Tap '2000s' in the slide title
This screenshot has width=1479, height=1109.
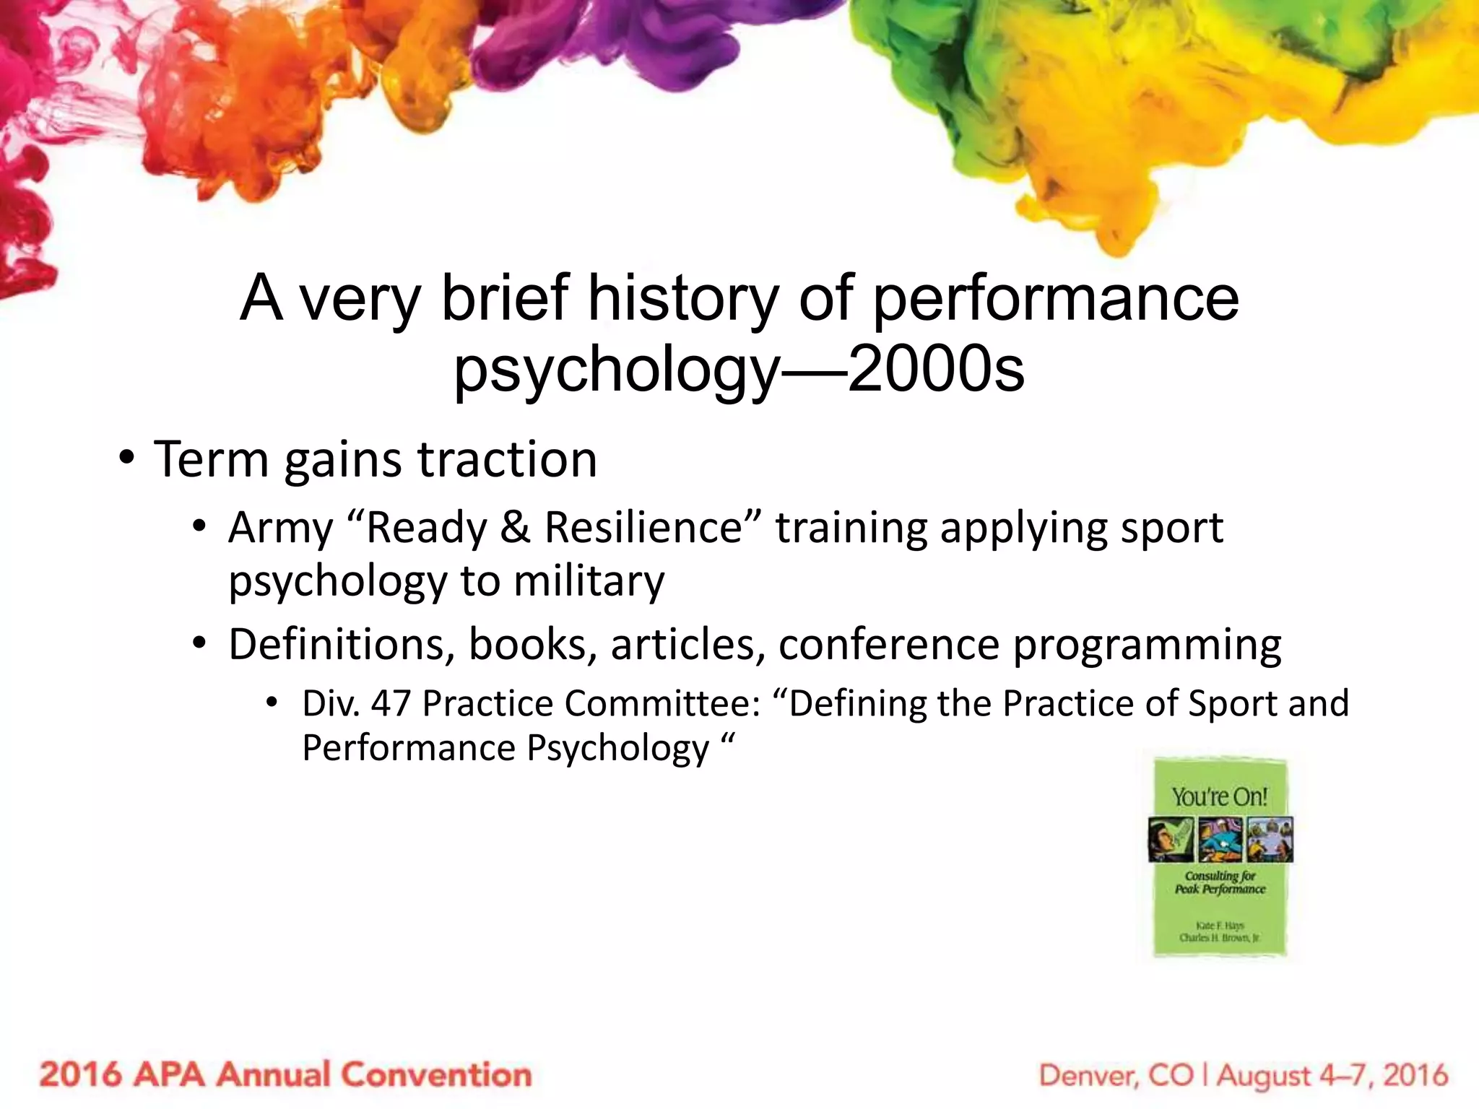pyautogui.click(x=936, y=370)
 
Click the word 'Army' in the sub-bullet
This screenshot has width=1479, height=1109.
pyautogui.click(x=280, y=528)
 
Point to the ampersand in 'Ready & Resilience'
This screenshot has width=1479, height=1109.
pyautogui.click(x=515, y=528)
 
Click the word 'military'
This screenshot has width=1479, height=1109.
pyautogui.click(x=589, y=581)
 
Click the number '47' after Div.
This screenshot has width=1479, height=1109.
pyautogui.click(x=391, y=704)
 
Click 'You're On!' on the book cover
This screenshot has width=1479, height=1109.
pyautogui.click(x=1220, y=797)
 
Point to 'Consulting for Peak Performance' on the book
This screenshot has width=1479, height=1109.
pyautogui.click(x=1220, y=882)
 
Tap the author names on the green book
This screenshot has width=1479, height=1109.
pyautogui.click(x=1220, y=931)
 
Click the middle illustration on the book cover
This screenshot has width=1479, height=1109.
pyautogui.click(x=1220, y=840)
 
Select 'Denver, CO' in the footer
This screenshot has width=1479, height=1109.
pyautogui.click(x=1116, y=1076)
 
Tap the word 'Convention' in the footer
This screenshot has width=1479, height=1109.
pyautogui.click(x=436, y=1075)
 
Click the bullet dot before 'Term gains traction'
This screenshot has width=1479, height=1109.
pyautogui.click(x=127, y=459)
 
